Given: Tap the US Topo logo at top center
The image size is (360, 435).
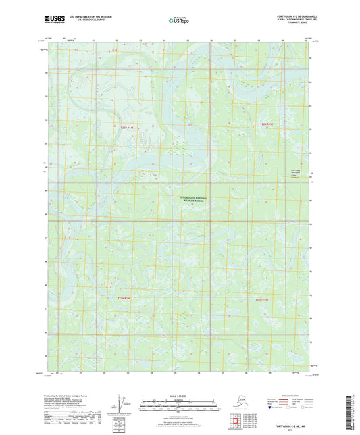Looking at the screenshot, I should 178,21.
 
